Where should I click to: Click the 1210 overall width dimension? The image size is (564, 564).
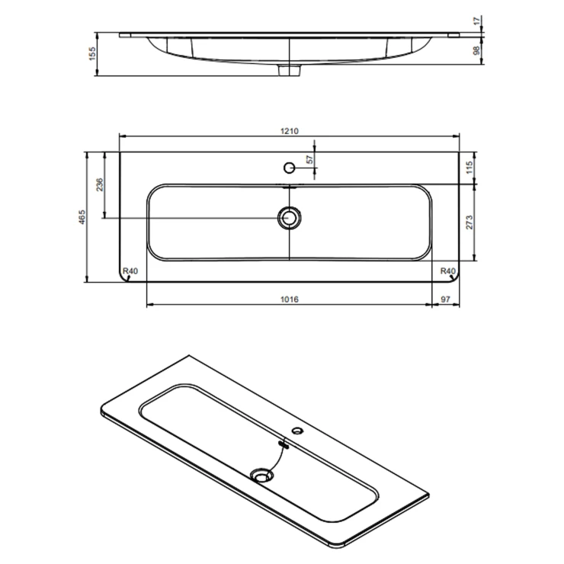[290, 131]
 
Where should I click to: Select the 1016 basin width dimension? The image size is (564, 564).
[290, 300]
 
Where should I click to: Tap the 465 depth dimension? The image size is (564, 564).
[82, 217]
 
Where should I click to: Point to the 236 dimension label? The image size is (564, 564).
[100, 184]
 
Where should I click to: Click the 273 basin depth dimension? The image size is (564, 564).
[469, 223]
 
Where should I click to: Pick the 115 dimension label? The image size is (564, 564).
[469, 168]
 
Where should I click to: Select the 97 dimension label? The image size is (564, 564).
[445, 300]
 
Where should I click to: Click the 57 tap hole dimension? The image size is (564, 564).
[309, 160]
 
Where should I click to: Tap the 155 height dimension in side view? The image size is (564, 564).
[92, 53]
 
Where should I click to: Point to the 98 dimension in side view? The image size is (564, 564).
[476, 50]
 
